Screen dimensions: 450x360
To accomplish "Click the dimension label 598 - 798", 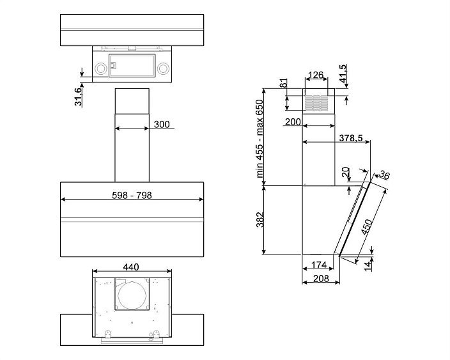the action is tap(132, 195).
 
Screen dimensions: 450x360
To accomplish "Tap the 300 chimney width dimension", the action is tap(162, 124).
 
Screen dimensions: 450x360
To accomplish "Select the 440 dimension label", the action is tap(131, 267).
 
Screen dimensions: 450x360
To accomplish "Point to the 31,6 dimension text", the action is tap(78, 97).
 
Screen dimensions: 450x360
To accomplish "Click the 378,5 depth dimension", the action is tap(351, 138).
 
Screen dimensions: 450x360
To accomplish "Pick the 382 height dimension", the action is tap(260, 219).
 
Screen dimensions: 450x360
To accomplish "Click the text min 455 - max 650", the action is tap(260, 139).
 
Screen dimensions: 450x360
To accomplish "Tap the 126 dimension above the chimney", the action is tap(316, 75).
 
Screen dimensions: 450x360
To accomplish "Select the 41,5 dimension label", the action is tap(343, 74).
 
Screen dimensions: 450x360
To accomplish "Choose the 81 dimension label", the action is tap(283, 83).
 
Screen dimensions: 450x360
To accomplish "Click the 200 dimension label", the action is tap(293, 122).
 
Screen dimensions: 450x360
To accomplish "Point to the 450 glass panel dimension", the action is tap(367, 227).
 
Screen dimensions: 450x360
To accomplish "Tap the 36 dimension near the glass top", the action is tap(384, 175).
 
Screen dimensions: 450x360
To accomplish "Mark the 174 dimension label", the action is tap(319, 265).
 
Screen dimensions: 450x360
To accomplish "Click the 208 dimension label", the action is tap(321, 278).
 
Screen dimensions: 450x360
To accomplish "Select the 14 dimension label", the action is tap(368, 266).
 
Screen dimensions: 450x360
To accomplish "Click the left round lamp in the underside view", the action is tap(101, 68).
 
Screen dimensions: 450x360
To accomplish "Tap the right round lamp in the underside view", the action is tap(163, 68).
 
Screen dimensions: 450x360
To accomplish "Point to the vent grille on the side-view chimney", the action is tap(316, 103).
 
